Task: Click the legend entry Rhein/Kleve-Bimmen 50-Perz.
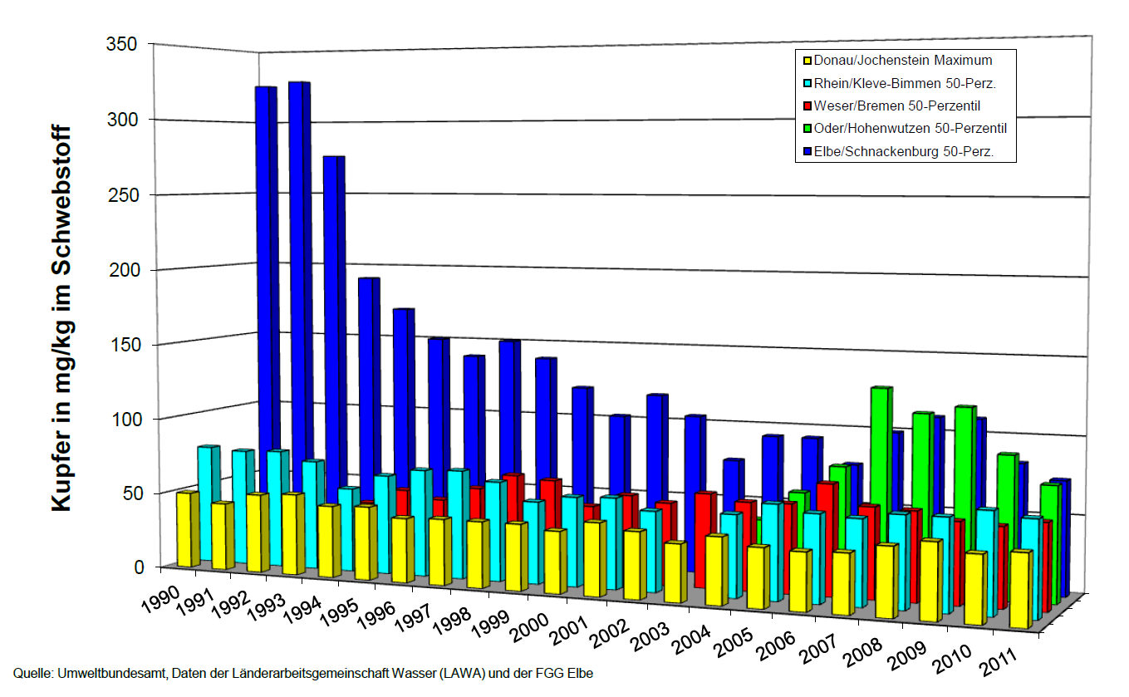(x=905, y=83)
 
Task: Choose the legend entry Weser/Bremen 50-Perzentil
(x=897, y=106)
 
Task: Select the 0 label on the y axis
(x=139, y=567)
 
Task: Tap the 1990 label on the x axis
(x=158, y=600)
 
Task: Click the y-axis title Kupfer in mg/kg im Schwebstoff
(x=62, y=320)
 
